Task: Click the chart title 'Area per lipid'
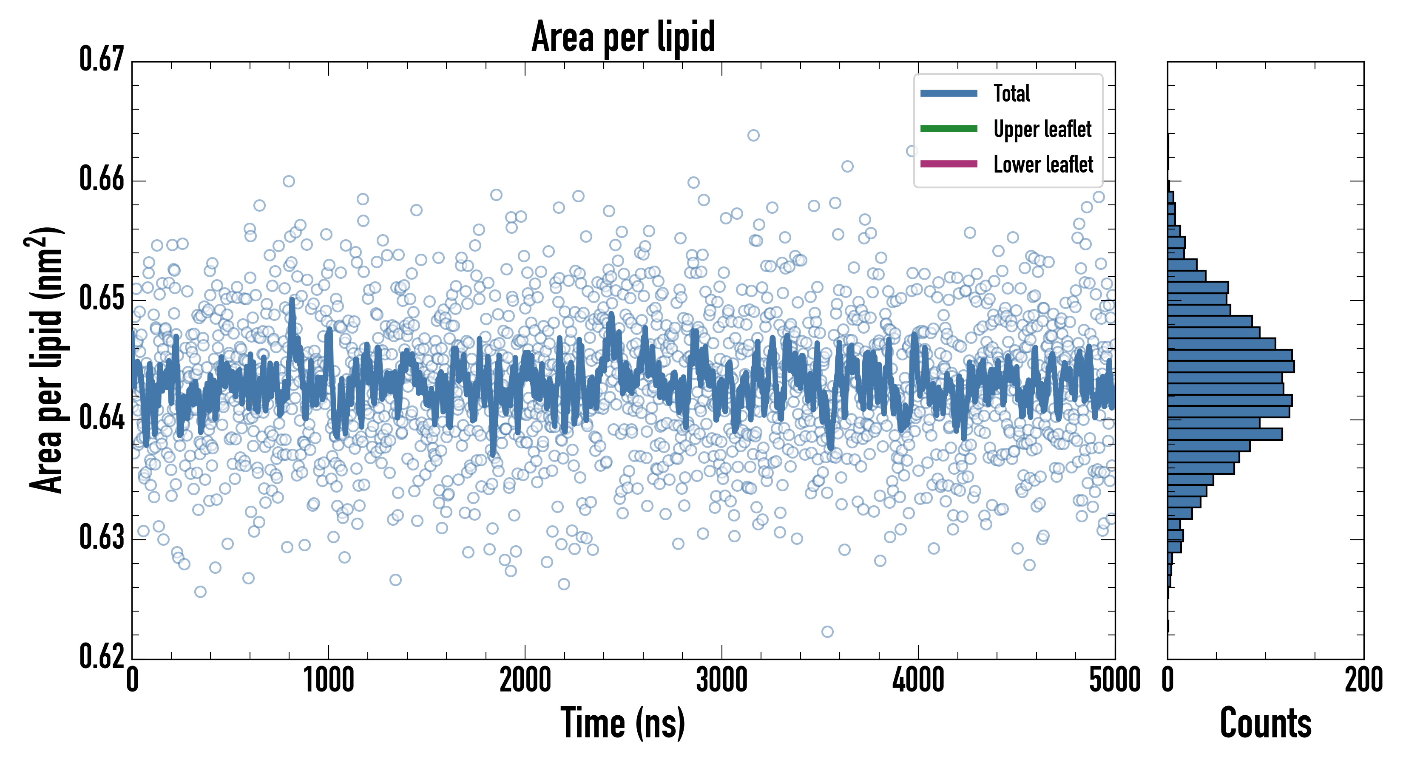623,37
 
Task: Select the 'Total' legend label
1011,93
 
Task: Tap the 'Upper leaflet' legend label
1042,129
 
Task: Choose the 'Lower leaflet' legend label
1043,164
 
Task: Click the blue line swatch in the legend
949,93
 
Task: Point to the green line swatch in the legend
949,128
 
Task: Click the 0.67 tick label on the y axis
102,59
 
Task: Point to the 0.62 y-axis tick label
102,656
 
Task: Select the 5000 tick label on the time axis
1114,680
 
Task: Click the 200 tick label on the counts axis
1363,680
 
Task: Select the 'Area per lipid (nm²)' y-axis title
46,360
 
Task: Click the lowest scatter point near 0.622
827,632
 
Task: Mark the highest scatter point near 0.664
753,135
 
